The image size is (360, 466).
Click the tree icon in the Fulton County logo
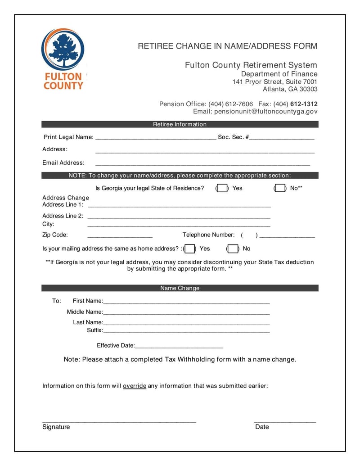click(x=63, y=49)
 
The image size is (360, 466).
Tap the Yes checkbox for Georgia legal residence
click(x=222, y=188)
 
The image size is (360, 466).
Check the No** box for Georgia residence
click(x=280, y=188)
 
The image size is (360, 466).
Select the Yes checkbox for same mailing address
click(x=189, y=249)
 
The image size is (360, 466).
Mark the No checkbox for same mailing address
click(x=233, y=249)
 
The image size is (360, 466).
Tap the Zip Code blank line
click(x=120, y=236)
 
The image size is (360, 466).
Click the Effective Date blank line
click(x=179, y=347)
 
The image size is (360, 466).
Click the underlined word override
click(x=135, y=386)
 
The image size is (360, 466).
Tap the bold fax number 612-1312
click(x=304, y=104)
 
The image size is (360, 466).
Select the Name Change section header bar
click(x=180, y=288)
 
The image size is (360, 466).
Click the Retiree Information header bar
click(x=180, y=124)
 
